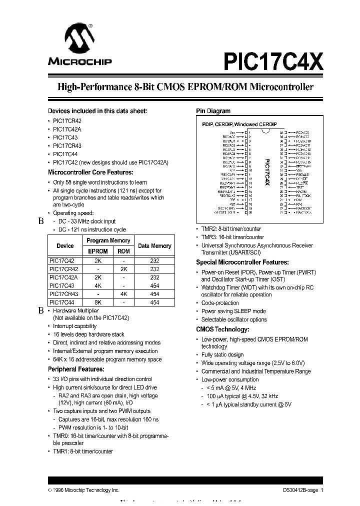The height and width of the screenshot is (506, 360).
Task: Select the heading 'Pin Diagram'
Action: (212, 111)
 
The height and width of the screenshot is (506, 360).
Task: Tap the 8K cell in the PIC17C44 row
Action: (98, 302)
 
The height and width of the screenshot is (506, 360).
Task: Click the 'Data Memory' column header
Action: (154, 246)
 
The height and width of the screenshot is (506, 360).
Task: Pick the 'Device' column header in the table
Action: (65, 246)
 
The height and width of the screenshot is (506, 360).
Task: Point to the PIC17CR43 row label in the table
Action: (65, 294)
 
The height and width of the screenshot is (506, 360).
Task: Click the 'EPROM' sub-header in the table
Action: (98, 251)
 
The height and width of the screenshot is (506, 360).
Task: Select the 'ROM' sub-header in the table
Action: (123, 251)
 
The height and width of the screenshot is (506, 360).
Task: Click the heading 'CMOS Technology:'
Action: (222, 329)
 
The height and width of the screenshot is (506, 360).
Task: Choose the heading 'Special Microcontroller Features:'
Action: (242, 262)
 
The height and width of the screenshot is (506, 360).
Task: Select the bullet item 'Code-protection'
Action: (220, 303)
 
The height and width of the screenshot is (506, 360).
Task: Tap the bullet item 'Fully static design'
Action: (222, 354)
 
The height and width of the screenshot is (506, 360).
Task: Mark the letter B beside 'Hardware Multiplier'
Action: (41, 310)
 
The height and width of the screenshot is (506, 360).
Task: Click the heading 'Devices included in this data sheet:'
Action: (97, 111)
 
